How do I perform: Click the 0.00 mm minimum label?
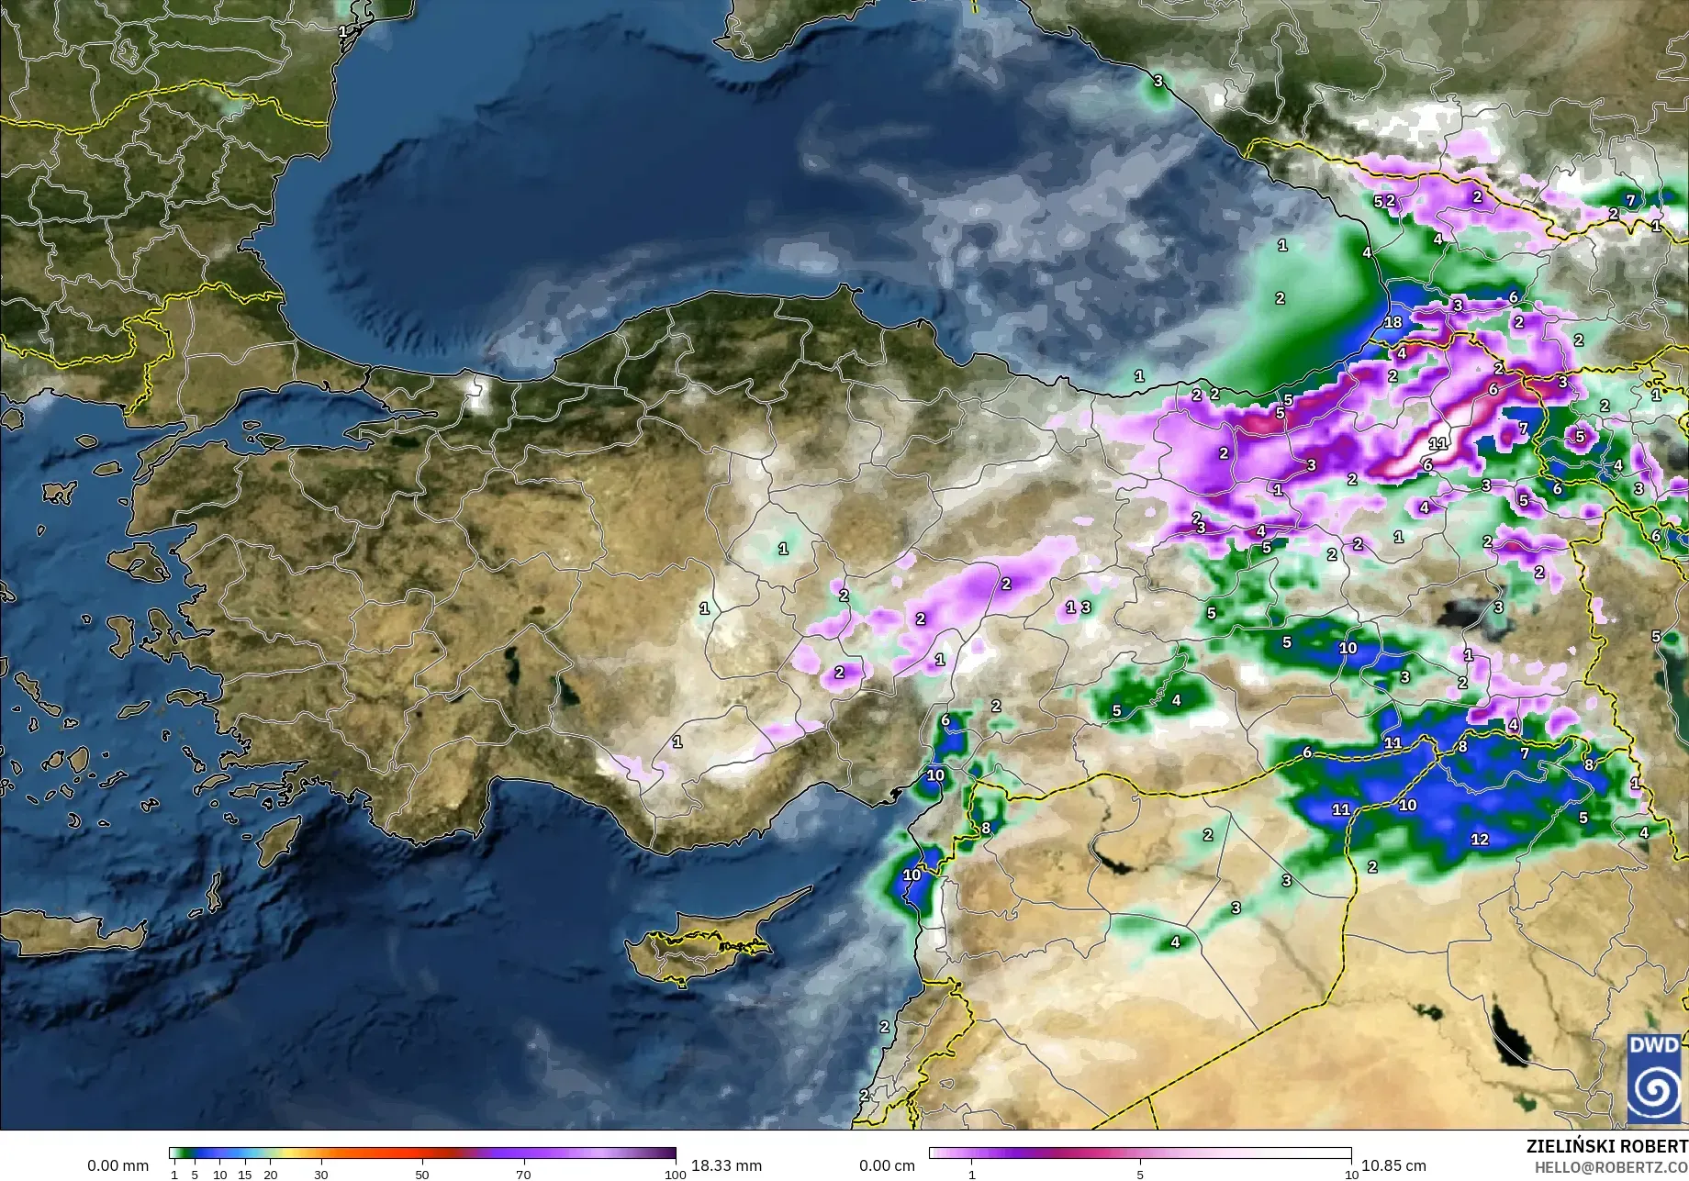click(x=117, y=1165)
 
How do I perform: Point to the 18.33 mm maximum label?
click(x=726, y=1165)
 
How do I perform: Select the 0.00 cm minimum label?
click(x=887, y=1165)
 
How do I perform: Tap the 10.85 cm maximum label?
click(x=1393, y=1165)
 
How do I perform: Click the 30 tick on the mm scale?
click(x=321, y=1175)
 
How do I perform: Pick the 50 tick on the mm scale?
click(x=422, y=1175)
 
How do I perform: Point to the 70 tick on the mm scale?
click(x=523, y=1175)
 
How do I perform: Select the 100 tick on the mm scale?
click(x=676, y=1175)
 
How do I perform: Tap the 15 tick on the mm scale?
click(x=245, y=1175)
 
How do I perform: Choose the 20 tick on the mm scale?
click(x=270, y=1175)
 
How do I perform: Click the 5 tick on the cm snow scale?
click(x=1140, y=1175)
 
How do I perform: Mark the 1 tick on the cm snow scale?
click(x=971, y=1175)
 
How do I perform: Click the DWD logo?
click(x=1653, y=1078)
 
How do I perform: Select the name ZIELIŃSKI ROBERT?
click(x=1606, y=1146)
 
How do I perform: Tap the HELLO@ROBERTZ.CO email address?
click(x=1612, y=1166)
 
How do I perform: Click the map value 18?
click(x=1393, y=322)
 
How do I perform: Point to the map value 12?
click(x=1480, y=839)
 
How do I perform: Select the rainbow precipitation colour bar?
click(x=422, y=1153)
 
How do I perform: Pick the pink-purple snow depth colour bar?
click(x=1140, y=1153)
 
